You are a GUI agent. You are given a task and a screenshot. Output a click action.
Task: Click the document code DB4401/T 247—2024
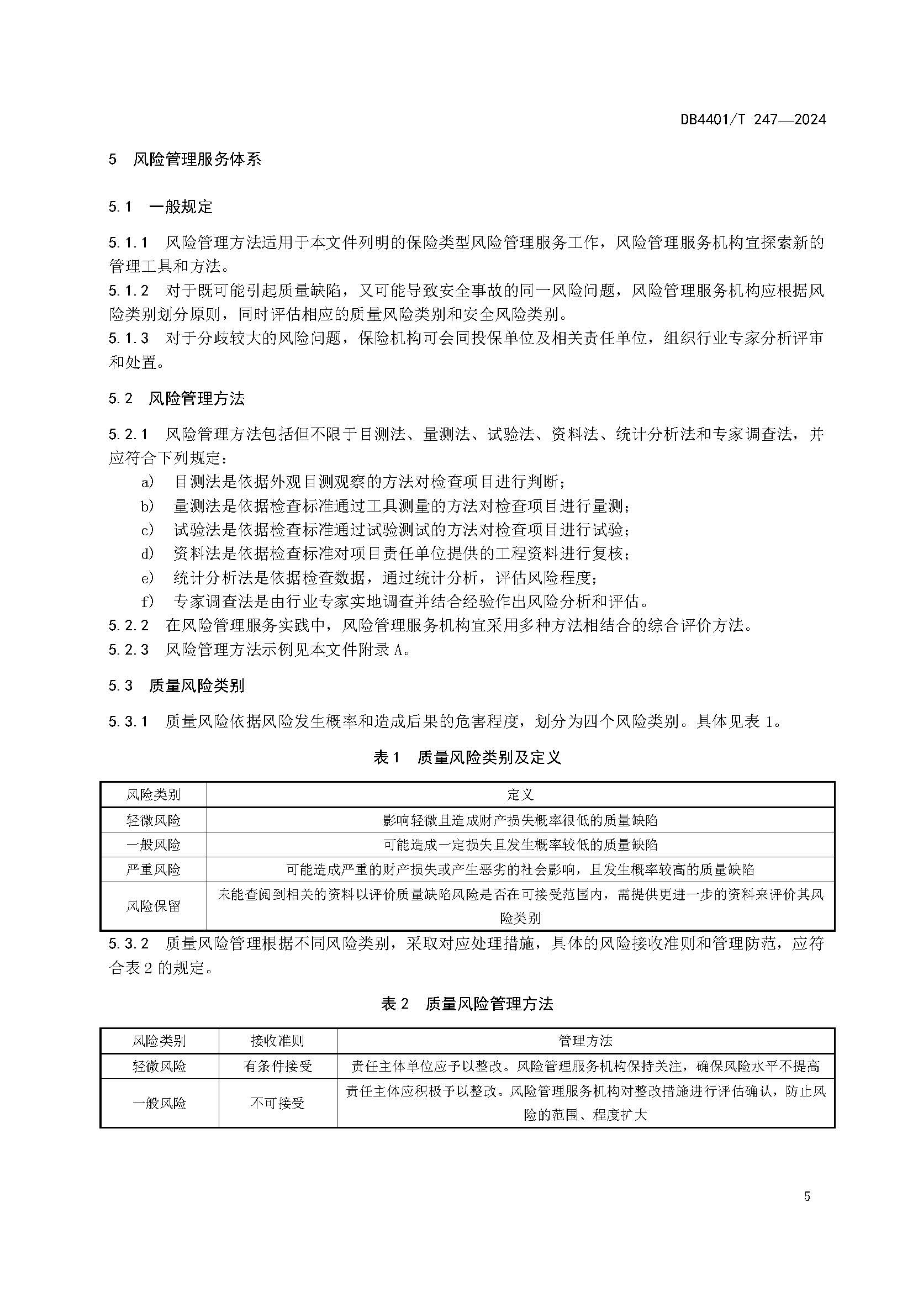point(753,119)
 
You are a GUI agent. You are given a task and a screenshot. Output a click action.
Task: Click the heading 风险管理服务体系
point(197,159)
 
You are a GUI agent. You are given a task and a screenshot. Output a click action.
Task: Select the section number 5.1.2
point(129,291)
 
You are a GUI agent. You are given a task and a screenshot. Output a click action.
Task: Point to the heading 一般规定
point(181,207)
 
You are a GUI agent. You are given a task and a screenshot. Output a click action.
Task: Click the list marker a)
point(147,482)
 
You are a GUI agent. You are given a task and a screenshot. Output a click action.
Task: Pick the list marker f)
point(147,602)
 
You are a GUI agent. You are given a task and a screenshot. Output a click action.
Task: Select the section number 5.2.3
point(129,650)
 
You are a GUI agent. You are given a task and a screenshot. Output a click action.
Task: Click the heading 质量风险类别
point(197,685)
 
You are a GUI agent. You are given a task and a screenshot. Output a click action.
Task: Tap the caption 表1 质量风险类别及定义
point(467,758)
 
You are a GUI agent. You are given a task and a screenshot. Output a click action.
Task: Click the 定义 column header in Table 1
point(520,794)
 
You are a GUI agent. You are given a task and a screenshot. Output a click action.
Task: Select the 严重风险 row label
point(153,869)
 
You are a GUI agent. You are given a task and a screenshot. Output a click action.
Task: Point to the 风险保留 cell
point(153,906)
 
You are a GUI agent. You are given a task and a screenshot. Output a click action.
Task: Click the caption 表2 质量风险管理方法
point(467,1004)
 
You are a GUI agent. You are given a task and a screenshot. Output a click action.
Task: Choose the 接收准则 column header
point(277,1041)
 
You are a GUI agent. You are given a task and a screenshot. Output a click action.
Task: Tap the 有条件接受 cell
point(277,1066)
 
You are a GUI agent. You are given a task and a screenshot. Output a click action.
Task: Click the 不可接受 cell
point(277,1103)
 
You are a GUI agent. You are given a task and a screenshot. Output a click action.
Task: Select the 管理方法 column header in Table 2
point(585,1041)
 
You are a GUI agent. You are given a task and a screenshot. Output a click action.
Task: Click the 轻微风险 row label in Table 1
point(153,820)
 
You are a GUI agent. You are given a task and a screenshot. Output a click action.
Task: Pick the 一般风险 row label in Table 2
point(159,1103)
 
